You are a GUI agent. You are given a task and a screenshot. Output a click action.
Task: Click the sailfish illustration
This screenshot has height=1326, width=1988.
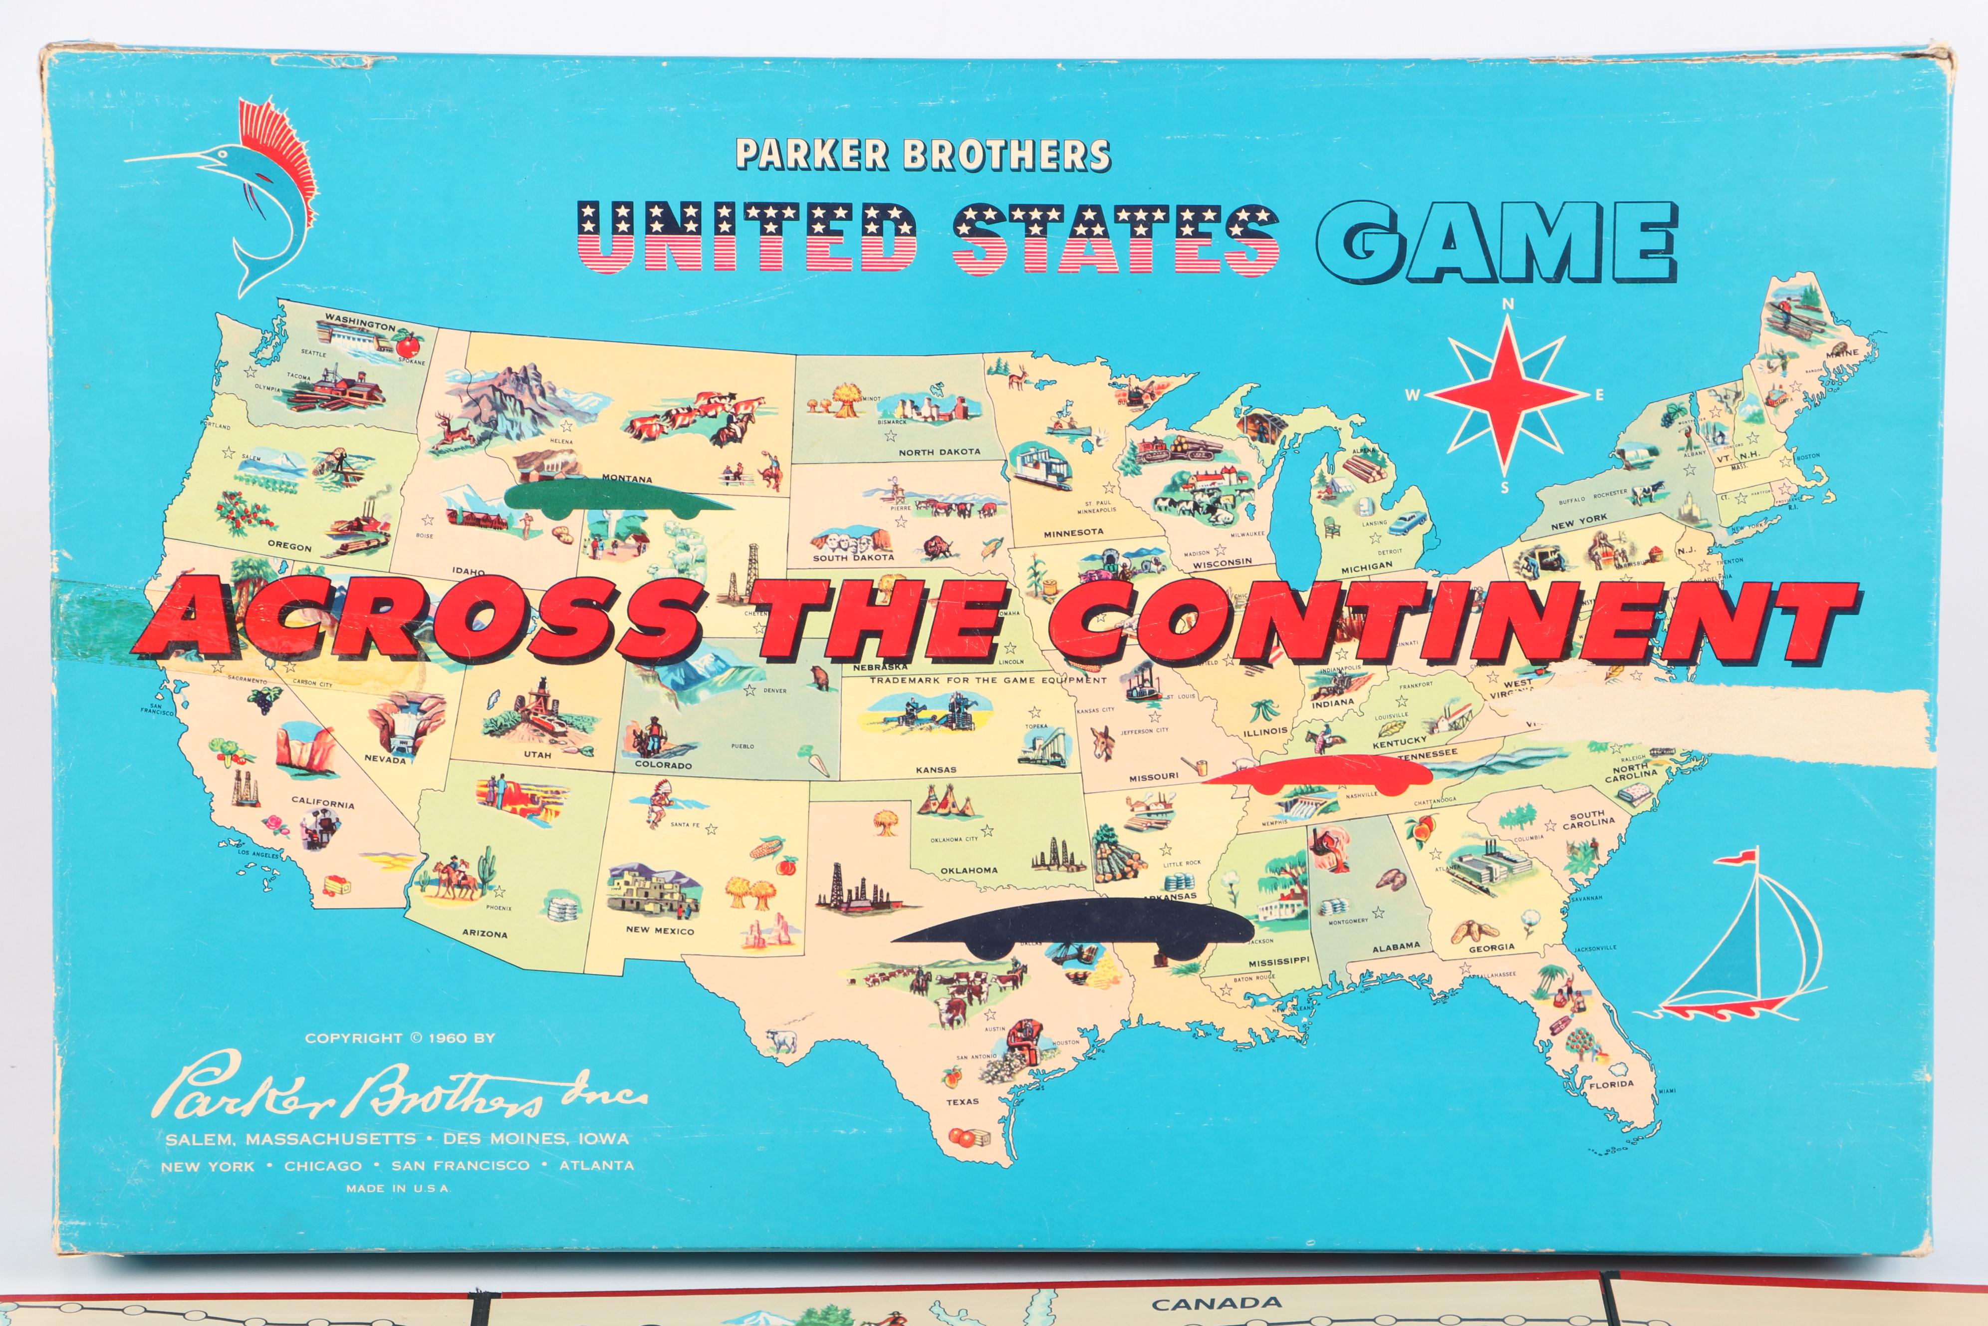click(x=253, y=195)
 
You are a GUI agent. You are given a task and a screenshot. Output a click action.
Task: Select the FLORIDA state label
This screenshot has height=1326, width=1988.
click(x=1611, y=1084)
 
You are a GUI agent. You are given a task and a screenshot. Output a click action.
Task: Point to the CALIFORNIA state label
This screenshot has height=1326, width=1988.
click(x=323, y=802)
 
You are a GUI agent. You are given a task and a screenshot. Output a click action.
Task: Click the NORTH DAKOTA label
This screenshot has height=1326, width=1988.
click(x=939, y=452)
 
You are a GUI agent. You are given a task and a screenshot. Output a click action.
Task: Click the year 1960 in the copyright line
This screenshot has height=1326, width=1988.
click(x=447, y=1037)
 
